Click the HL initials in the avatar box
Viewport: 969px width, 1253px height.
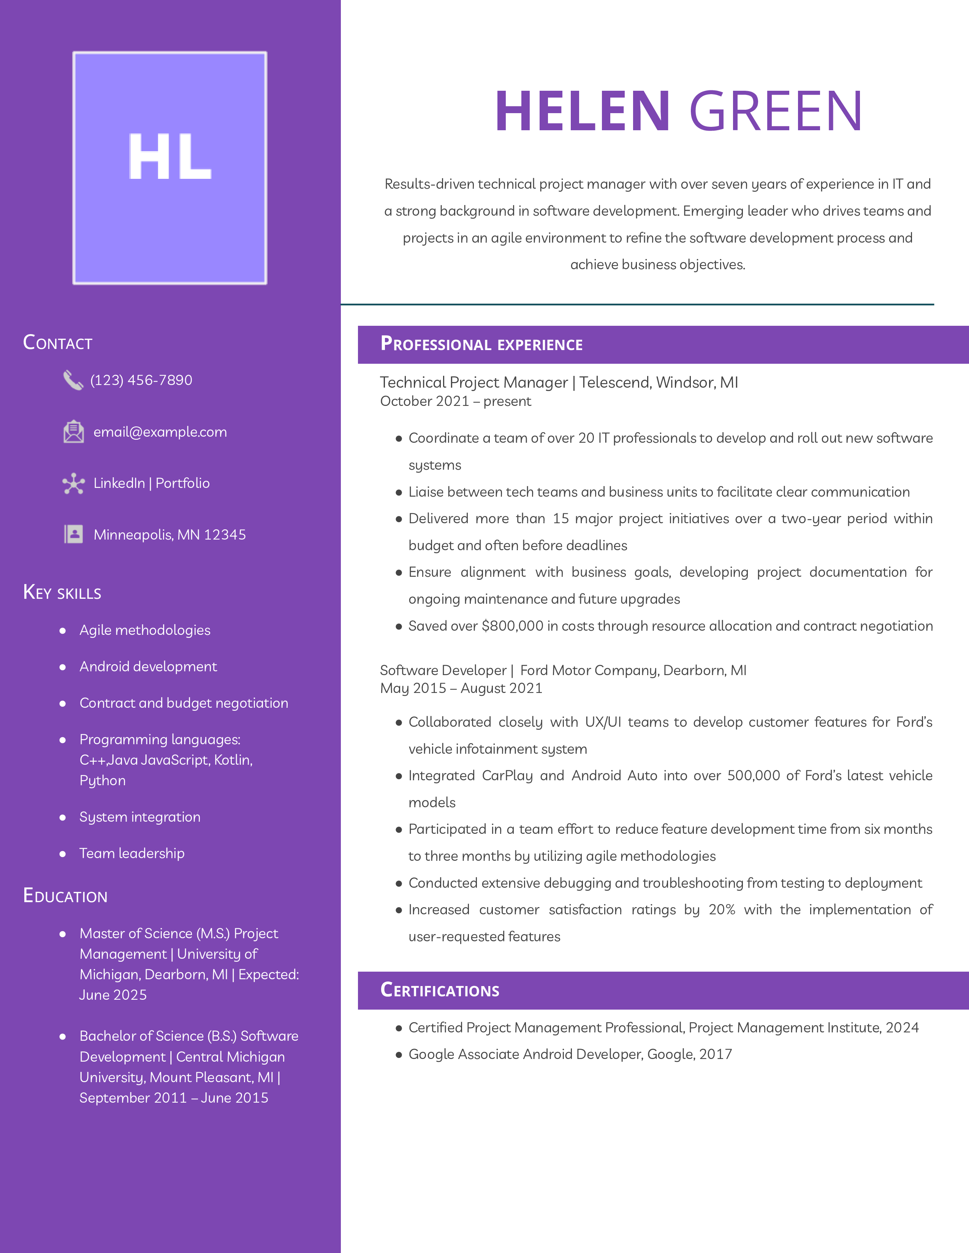coord(169,156)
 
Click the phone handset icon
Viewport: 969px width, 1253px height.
coord(73,380)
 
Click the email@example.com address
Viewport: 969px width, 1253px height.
coord(160,432)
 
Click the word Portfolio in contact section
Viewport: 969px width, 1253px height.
coord(182,483)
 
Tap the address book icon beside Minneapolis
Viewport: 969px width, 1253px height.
coord(73,534)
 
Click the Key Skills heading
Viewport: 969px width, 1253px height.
coord(62,592)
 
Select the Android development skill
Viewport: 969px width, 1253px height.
coord(148,667)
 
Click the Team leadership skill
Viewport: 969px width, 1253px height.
coord(132,854)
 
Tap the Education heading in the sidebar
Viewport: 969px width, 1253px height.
coord(65,896)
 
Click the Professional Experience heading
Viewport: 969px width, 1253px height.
coord(481,344)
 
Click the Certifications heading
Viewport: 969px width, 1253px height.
coord(440,990)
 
